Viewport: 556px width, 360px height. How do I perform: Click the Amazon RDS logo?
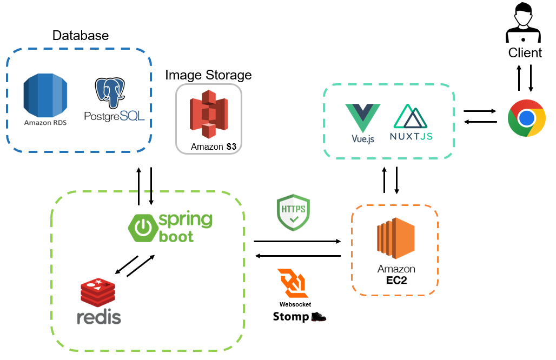44,96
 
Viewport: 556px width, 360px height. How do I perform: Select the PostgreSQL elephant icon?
110,92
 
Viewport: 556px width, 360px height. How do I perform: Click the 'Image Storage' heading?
208,75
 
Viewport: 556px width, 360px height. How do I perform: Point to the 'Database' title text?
81,36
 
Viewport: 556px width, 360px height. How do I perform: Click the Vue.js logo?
362,118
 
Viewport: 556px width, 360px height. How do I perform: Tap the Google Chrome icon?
526,118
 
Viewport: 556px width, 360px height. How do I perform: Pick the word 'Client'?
525,53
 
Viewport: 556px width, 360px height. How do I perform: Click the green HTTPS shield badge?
293,213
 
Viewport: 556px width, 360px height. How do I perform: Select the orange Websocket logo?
293,283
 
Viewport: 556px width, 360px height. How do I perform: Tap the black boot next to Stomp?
319,316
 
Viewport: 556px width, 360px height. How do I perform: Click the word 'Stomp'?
290,317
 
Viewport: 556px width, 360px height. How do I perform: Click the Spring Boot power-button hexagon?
142,228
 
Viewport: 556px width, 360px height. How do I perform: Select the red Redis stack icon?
98,292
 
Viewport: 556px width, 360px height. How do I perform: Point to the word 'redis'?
98,317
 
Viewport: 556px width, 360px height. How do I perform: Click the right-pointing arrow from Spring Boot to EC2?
297,241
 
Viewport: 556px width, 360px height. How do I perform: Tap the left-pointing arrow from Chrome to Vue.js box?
480,122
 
